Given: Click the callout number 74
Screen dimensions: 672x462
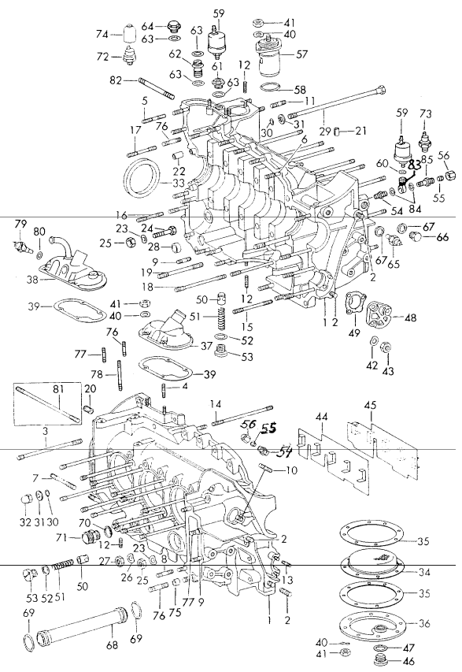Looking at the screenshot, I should [x=102, y=35].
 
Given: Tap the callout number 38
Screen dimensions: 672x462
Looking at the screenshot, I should [x=31, y=278].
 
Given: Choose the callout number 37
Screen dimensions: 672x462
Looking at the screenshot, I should [x=207, y=347].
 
